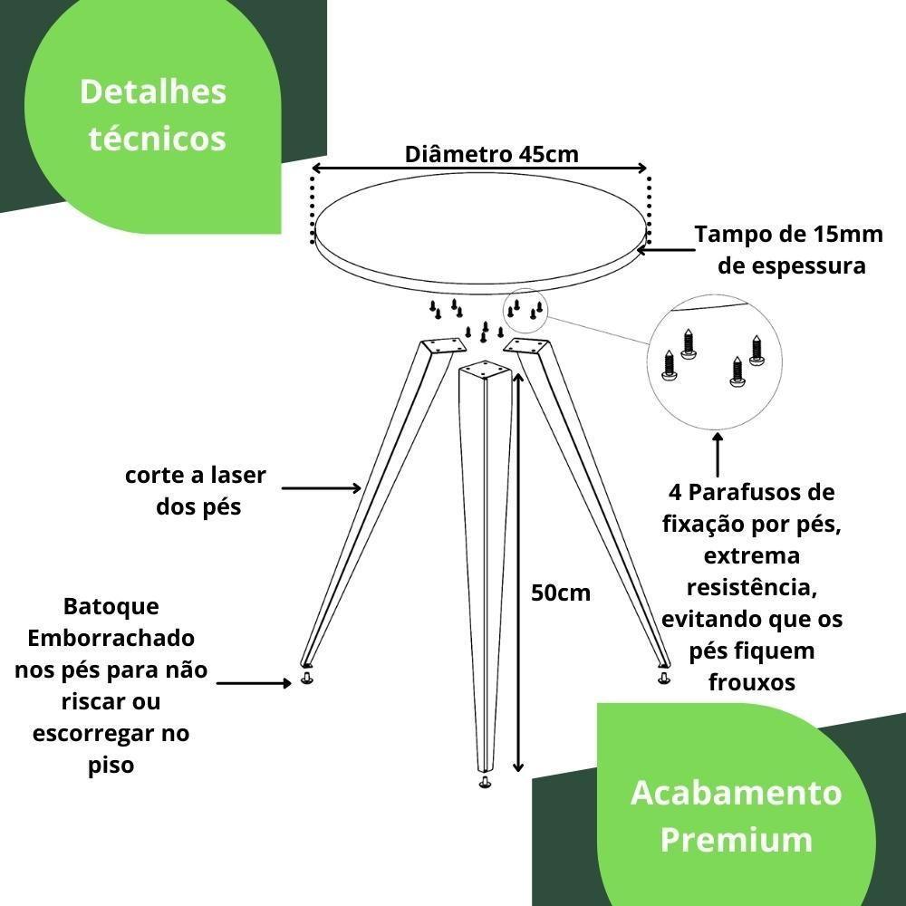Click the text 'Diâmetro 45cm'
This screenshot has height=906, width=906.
coord(491,154)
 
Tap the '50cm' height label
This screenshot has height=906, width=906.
coord(561,593)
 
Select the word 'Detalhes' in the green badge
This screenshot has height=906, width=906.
coord(153,92)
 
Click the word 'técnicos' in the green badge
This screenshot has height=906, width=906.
coord(158,139)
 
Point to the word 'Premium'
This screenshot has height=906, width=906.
coord(736,839)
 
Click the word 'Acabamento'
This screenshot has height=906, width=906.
coord(736,793)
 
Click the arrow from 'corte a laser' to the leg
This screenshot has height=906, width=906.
coord(322,488)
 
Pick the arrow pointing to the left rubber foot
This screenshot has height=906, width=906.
coord(255,684)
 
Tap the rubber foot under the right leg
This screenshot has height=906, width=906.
coord(664,678)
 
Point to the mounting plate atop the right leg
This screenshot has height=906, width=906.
coord(527,345)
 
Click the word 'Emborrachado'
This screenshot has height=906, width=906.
coord(111,639)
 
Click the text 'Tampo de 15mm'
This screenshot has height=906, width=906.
coord(788,235)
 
